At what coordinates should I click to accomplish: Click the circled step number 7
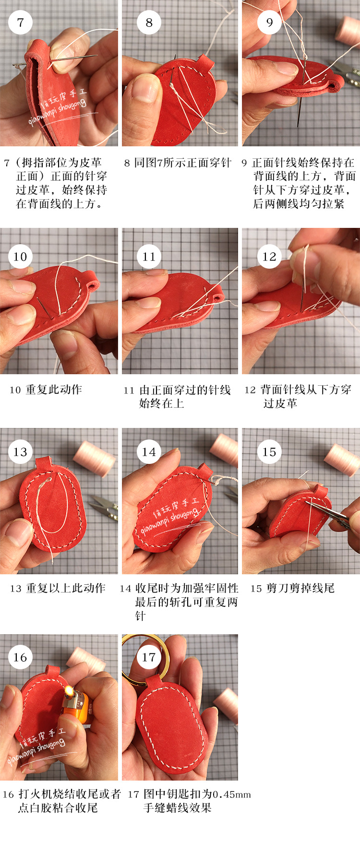tap(20, 22)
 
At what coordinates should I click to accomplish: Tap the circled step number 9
tap(269, 22)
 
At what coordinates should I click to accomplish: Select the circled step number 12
tap(269, 256)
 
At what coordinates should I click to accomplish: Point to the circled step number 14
tap(149, 451)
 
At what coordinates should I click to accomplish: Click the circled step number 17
tap(149, 657)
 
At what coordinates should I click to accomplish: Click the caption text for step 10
tap(46, 390)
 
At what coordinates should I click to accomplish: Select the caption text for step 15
tap(293, 588)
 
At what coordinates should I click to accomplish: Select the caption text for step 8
tap(178, 163)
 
